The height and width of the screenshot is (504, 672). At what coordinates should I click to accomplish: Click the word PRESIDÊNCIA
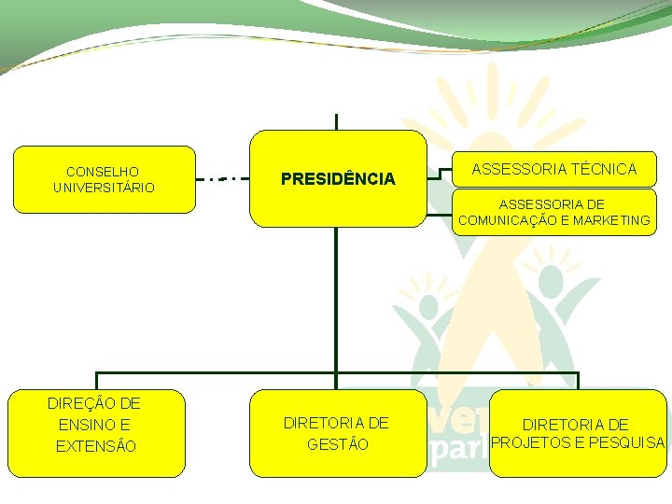pyautogui.click(x=338, y=178)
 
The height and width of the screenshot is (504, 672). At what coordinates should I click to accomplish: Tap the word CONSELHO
pyautogui.click(x=103, y=172)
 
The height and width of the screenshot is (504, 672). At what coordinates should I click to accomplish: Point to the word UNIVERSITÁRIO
pyautogui.click(x=104, y=188)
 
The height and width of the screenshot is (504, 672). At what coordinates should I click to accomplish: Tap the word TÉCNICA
pyautogui.click(x=605, y=169)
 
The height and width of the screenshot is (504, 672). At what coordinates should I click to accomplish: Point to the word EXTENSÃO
pyautogui.click(x=96, y=446)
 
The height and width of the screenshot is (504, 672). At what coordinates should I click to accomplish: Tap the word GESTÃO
pyautogui.click(x=338, y=444)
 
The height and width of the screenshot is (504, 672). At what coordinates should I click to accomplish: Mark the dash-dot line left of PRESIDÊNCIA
pyautogui.click(x=223, y=177)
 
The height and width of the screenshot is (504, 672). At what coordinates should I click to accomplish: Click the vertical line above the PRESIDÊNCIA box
pyautogui.click(x=336, y=121)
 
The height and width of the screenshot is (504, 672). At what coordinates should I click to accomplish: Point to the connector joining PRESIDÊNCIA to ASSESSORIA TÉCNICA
pyautogui.click(x=435, y=173)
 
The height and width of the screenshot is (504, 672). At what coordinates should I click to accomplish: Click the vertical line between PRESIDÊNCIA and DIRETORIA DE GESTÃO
pyautogui.click(x=336, y=299)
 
